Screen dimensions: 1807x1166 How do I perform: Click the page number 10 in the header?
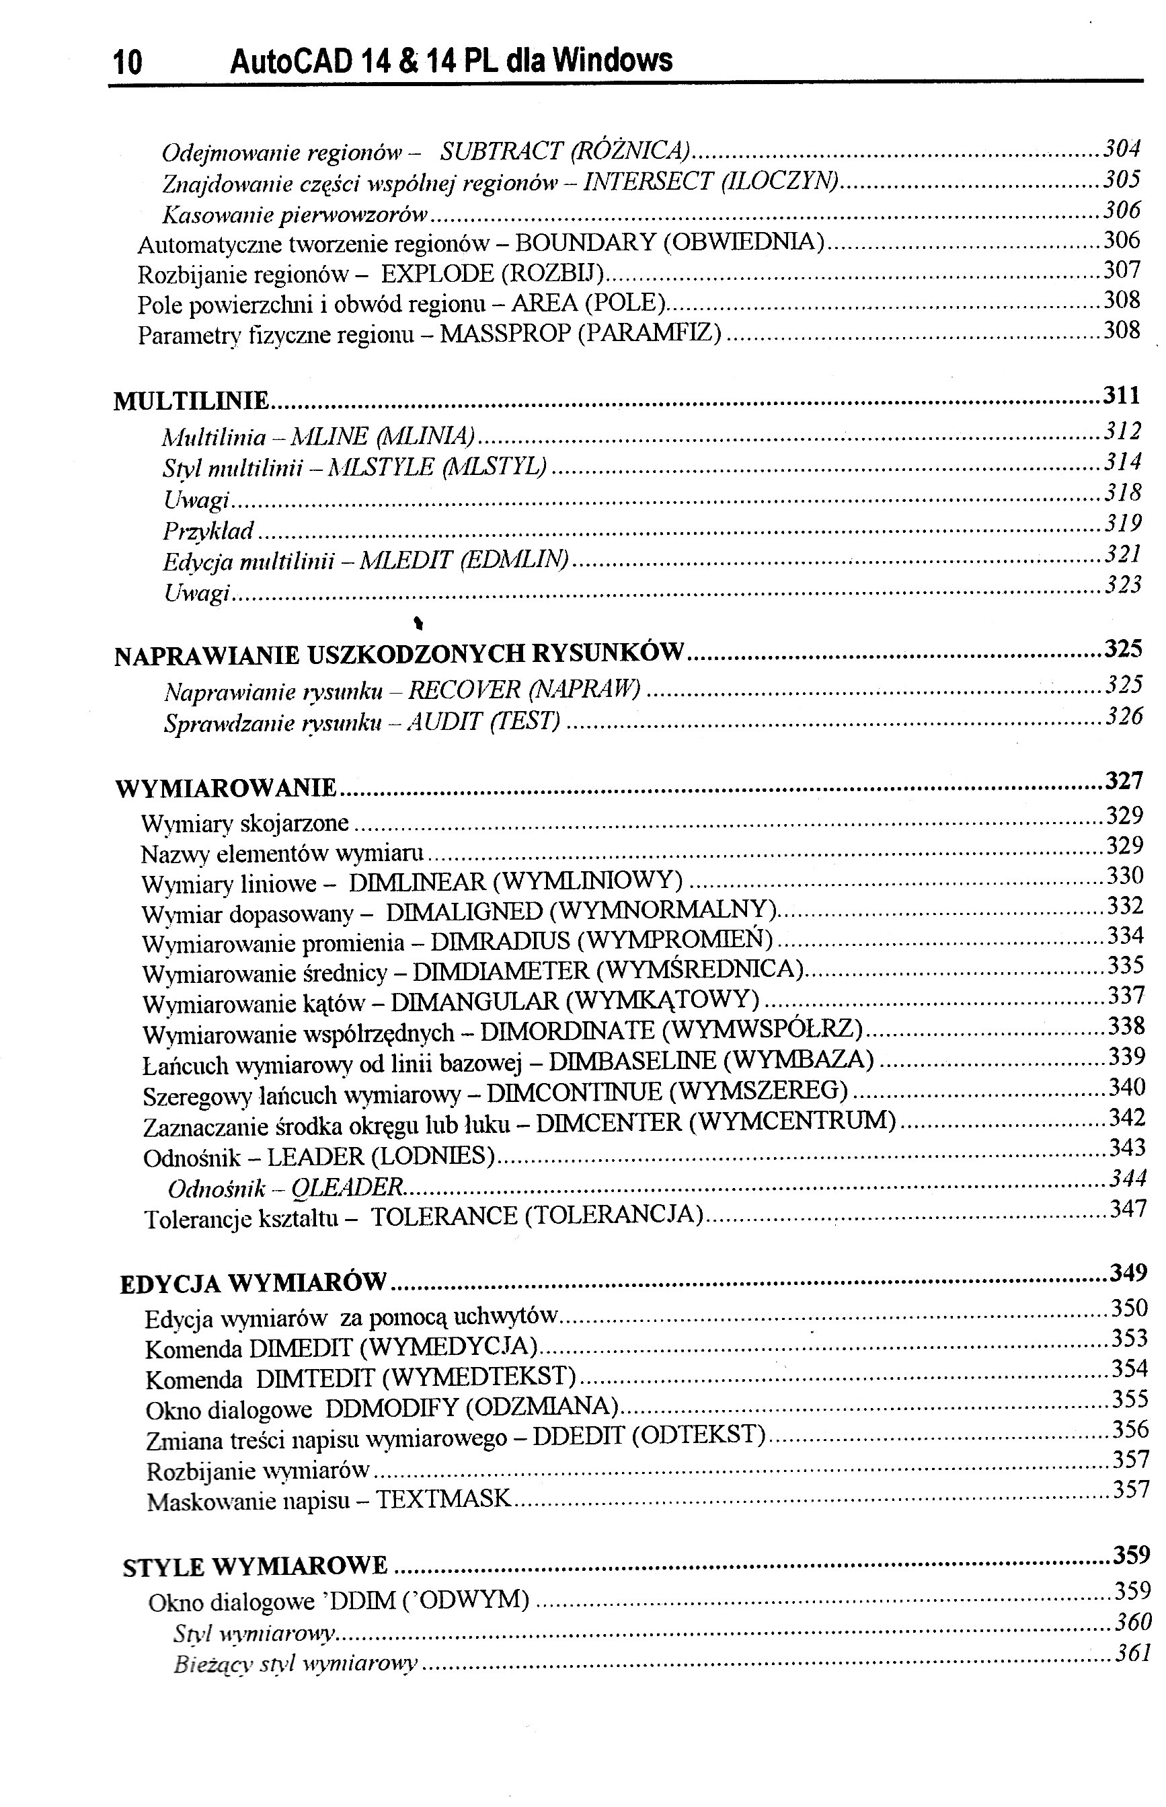click(x=127, y=63)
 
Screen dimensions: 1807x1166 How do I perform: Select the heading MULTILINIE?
click(x=191, y=401)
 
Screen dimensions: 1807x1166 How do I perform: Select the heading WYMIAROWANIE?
click(x=226, y=788)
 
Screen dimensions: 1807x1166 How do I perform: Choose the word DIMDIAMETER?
click(x=500, y=971)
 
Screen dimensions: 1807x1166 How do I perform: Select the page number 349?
click(x=1128, y=1273)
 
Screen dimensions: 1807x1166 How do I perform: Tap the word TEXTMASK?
click(x=444, y=1500)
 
